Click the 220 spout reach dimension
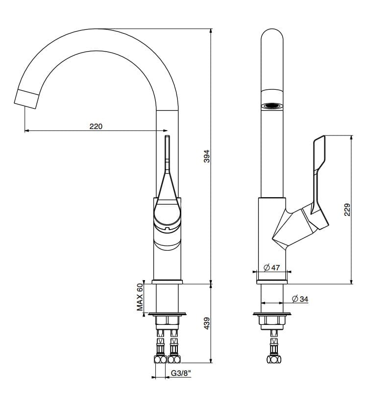[x=96, y=126]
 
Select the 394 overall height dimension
[x=206, y=156]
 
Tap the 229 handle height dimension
[x=347, y=210]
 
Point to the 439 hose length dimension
[x=206, y=323]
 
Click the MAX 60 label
[x=141, y=297]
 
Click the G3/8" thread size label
[x=180, y=373]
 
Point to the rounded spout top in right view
[x=272, y=39]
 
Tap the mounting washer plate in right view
[x=272, y=314]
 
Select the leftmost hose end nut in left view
[x=160, y=359]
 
